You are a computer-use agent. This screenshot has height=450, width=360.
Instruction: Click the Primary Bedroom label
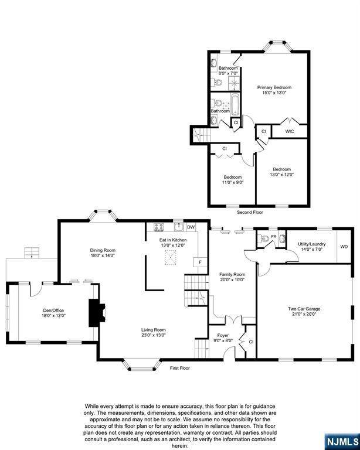coord(274,87)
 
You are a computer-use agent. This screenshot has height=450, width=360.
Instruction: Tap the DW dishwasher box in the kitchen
coord(191,227)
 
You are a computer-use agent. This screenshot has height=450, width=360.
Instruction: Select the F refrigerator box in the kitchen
coord(201,262)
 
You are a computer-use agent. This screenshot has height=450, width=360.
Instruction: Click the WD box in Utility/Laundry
coord(344,246)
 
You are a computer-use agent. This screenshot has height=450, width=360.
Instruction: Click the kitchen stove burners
coord(159,227)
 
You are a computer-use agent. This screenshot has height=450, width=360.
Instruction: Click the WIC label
coord(290,131)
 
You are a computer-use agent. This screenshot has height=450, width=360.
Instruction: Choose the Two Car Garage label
coord(304,309)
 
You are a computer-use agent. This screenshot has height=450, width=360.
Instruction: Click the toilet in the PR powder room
coord(263,238)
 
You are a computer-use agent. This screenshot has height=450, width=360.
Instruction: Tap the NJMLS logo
coord(342,442)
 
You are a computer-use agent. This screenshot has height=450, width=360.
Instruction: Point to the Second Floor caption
coord(250,212)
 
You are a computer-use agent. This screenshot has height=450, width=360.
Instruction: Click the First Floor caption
coord(180,368)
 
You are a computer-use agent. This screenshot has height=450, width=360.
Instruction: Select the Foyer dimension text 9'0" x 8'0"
coord(223,340)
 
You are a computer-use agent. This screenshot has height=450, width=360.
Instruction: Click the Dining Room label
coord(103,250)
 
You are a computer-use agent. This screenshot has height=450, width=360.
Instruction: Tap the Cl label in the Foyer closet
coord(251,342)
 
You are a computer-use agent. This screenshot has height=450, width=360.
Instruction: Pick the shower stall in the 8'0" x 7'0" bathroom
coord(235,83)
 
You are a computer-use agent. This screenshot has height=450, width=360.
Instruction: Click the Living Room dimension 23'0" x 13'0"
coord(153,335)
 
